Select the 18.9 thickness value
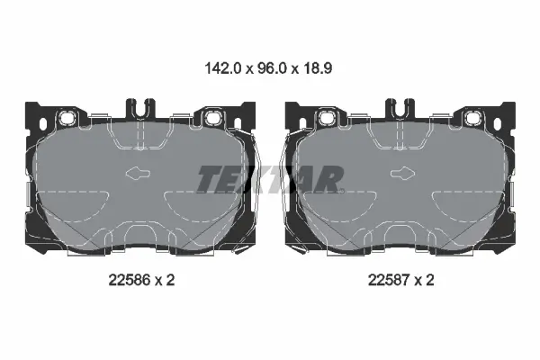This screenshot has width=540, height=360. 318,68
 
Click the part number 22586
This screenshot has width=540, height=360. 130,280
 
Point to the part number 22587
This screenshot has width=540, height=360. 389,280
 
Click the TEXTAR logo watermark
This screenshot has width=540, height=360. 270,179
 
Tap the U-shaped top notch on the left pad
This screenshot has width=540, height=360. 140,107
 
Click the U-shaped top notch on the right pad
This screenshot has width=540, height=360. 400,107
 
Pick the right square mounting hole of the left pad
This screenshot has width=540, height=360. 211,118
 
